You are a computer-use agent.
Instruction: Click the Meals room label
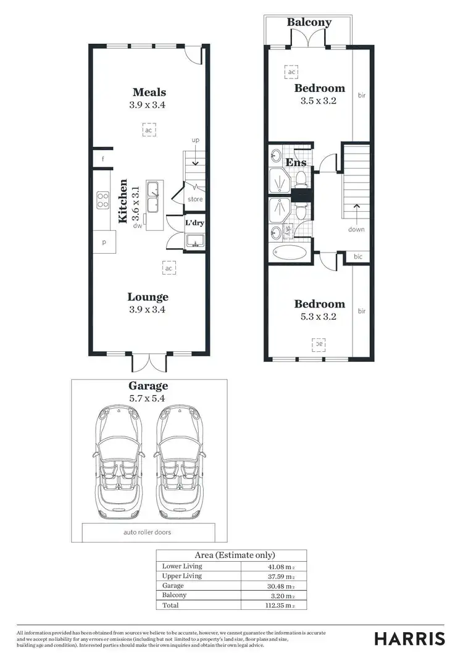coord(149,92)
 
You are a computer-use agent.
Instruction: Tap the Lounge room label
coord(148,297)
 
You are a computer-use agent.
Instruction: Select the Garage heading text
coord(148,386)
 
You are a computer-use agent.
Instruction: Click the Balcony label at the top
coord(309,22)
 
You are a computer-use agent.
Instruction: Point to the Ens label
coord(296,162)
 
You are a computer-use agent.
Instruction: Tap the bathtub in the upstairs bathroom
coord(289,253)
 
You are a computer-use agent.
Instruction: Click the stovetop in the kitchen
coord(102,199)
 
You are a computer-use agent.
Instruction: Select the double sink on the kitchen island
coord(154,196)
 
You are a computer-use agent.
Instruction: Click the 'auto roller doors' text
coord(149,532)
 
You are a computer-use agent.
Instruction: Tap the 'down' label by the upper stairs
coord(356,229)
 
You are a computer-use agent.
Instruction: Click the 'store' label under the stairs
coord(194,199)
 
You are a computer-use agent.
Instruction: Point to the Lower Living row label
coord(181,566)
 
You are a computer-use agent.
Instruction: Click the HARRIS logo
coord(409,638)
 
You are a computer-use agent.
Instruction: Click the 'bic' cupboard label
coord(357,257)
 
